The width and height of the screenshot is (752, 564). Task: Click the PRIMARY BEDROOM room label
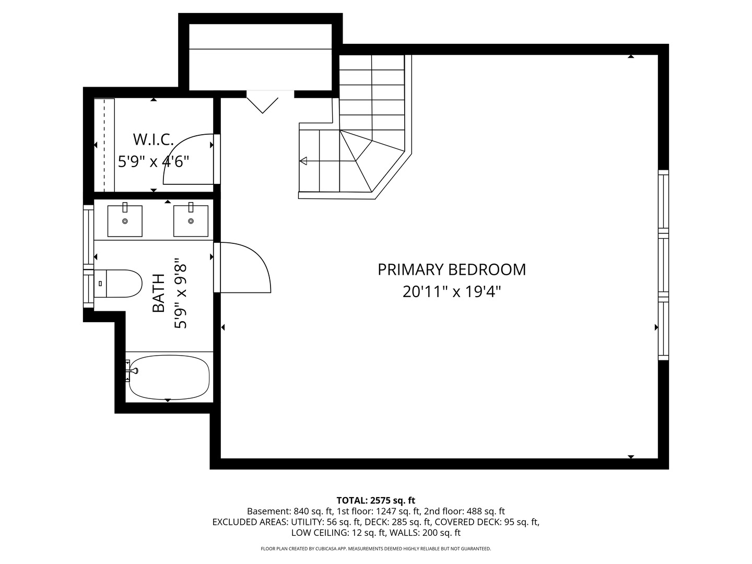(x=452, y=270)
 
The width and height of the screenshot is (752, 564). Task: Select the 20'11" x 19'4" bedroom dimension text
(x=452, y=292)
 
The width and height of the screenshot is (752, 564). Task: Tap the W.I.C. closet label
(x=154, y=139)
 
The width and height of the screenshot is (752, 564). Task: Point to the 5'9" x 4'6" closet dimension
(x=154, y=161)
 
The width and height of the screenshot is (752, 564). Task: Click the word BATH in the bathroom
(x=159, y=293)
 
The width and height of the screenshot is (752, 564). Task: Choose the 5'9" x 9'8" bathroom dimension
(x=181, y=293)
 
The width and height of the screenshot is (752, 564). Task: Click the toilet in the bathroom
(x=118, y=284)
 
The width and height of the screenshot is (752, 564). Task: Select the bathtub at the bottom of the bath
(x=169, y=377)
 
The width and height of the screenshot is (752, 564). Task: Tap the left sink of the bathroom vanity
(x=125, y=221)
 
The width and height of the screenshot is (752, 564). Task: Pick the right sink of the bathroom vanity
(x=191, y=221)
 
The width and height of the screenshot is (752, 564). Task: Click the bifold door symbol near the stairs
(x=263, y=105)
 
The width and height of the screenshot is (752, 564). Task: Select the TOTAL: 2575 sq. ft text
(x=376, y=500)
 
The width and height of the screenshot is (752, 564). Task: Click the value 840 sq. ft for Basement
(x=313, y=511)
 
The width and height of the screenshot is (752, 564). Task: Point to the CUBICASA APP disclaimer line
(x=376, y=548)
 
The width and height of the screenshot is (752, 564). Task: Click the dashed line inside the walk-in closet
(x=104, y=145)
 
